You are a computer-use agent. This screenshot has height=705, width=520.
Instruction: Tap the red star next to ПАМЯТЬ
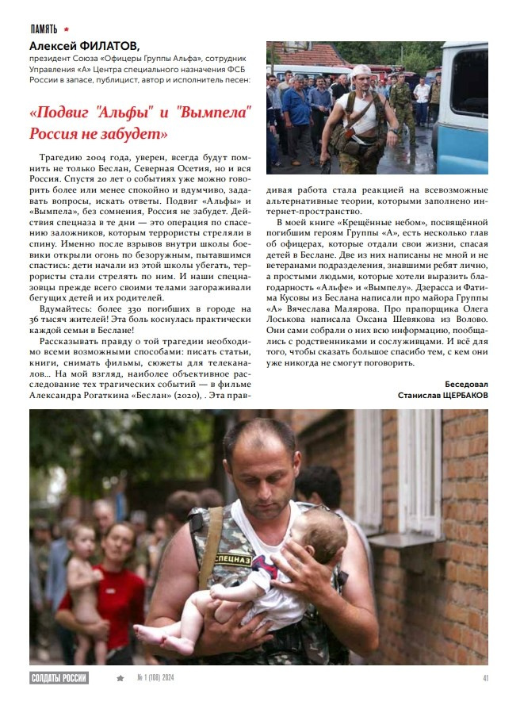pyautogui.click(x=67, y=29)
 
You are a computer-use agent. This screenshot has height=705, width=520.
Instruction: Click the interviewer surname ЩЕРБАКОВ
pyautogui.click(x=460, y=394)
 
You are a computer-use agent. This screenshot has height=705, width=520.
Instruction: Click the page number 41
pyautogui.click(x=485, y=678)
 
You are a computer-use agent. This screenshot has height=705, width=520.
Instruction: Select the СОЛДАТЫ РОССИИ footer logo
pyautogui.click(x=59, y=678)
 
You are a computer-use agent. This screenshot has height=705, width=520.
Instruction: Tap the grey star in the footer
pyautogui.click(x=120, y=678)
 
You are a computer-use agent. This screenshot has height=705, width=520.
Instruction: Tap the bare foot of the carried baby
pyautogui.click(x=146, y=632)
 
